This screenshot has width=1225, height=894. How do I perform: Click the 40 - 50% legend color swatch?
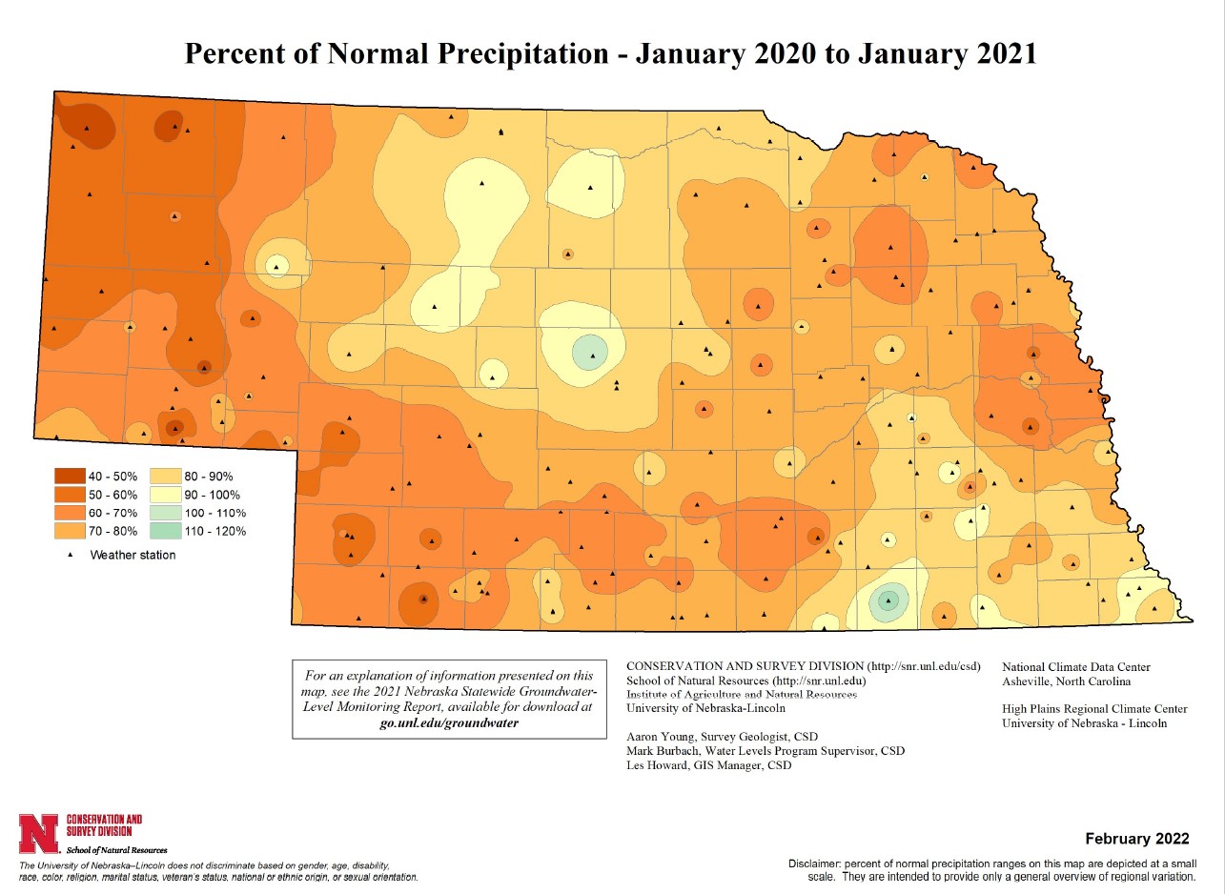pyautogui.click(x=71, y=476)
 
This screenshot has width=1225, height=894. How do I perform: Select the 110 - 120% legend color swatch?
pyautogui.click(x=169, y=531)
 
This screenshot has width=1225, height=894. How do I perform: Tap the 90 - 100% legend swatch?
pyautogui.click(x=169, y=495)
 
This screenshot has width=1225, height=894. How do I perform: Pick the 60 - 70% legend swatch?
pyautogui.click(x=71, y=513)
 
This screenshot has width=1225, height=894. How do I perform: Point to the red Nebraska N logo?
pyautogui.click(x=39, y=832)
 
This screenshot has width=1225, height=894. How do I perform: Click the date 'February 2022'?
pyautogui.click(x=1137, y=839)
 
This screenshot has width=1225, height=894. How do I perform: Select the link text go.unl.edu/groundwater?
pyautogui.click(x=449, y=722)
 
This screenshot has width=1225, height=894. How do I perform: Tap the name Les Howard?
pyautogui.click(x=656, y=764)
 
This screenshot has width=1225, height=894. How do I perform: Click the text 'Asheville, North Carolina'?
pyautogui.click(x=1068, y=681)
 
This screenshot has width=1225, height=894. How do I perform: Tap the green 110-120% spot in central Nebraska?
pyautogui.click(x=591, y=352)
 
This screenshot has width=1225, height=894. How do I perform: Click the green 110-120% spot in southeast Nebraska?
pyautogui.click(x=888, y=600)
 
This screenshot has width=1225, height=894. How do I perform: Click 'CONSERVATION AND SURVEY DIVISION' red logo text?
pyautogui.click(x=104, y=824)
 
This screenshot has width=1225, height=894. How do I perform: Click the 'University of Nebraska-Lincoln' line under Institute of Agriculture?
pyautogui.click(x=705, y=708)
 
